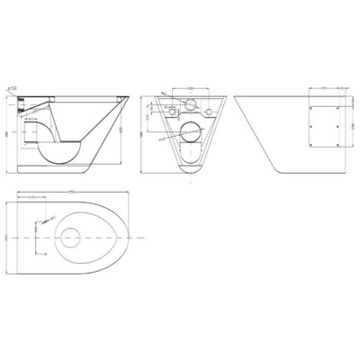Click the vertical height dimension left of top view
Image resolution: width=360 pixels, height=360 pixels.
click(x=7, y=236)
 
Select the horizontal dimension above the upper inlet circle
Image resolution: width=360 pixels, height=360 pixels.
click(x=191, y=87)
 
